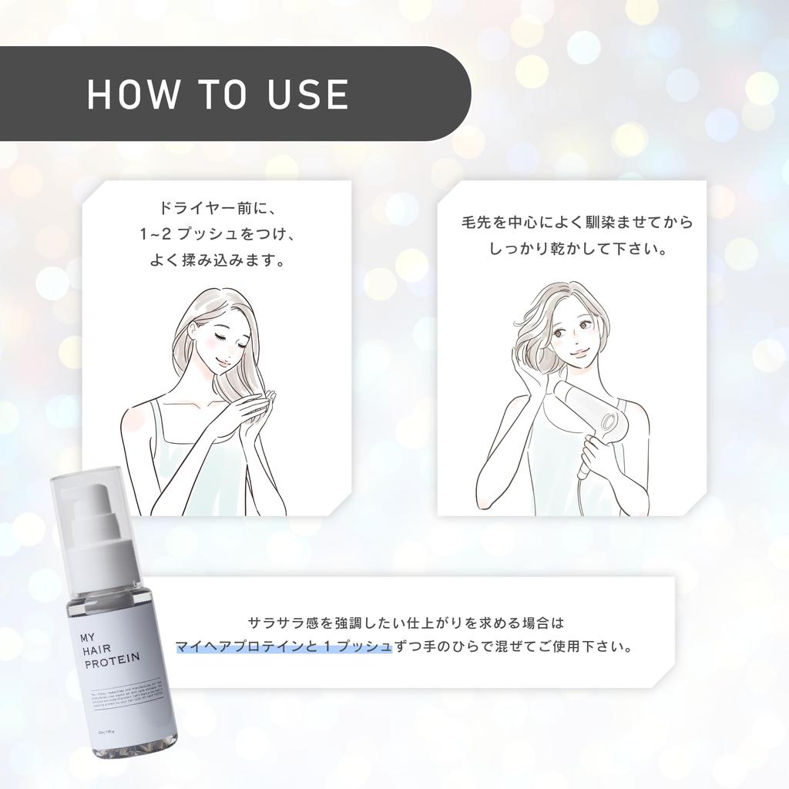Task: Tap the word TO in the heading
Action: point(218,93)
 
